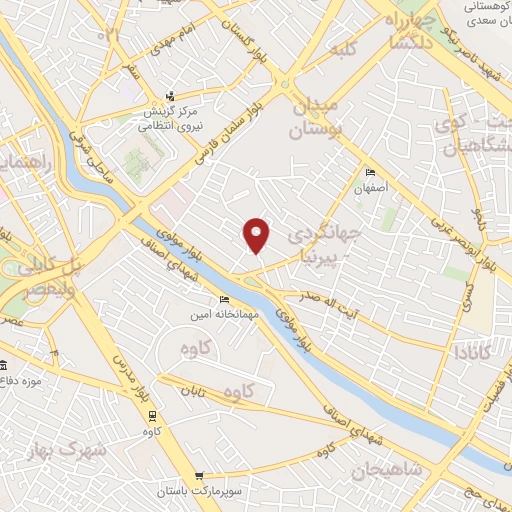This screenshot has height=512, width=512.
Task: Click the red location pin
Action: point(257,234)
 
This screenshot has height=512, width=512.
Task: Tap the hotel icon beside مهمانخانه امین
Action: point(224,299)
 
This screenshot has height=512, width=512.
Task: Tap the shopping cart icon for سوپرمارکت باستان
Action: point(200,476)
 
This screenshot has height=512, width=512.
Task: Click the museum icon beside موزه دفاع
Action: point(3,365)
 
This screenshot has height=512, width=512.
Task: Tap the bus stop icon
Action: point(152,415)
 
